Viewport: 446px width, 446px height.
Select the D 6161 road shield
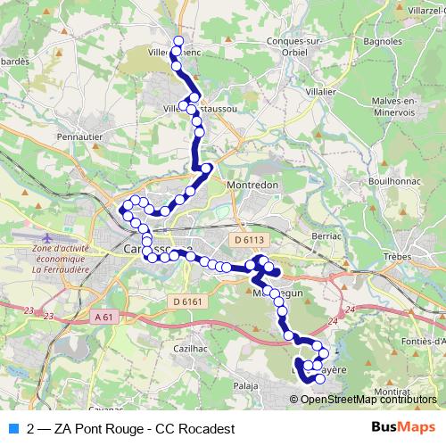click(187, 301)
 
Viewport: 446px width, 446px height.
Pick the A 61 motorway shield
click(103, 317)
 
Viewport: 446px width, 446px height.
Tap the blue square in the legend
click(12, 428)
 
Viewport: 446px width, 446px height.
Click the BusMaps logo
click(403, 428)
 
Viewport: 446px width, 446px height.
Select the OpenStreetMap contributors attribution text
click(368, 399)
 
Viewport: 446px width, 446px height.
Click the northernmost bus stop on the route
click(178, 41)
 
